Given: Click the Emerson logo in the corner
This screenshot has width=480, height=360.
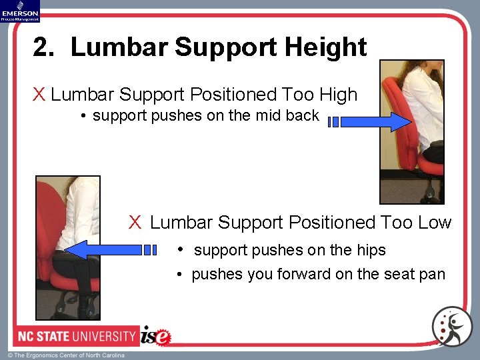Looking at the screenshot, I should tap(20, 11).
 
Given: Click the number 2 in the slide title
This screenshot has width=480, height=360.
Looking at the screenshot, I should tap(43, 47).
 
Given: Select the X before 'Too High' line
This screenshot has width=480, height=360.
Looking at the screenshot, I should tap(39, 95).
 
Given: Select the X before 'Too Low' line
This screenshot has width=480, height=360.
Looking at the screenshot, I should tap(135, 222).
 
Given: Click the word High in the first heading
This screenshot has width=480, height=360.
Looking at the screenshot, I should tap(337, 95).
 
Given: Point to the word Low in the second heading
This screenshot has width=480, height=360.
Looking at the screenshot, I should tap(435, 222).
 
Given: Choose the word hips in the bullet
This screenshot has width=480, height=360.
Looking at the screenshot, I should tap(371, 250).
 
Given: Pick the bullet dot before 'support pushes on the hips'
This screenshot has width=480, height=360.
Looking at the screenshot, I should tap(181, 250).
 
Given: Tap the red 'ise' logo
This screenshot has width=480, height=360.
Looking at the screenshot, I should tap(156, 336).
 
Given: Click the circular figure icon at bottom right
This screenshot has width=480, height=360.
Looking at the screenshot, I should tap(451, 327).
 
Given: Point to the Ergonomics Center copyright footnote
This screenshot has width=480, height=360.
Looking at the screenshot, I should tap(66, 355).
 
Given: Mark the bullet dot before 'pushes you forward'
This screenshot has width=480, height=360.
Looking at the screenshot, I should tap(181, 275).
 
